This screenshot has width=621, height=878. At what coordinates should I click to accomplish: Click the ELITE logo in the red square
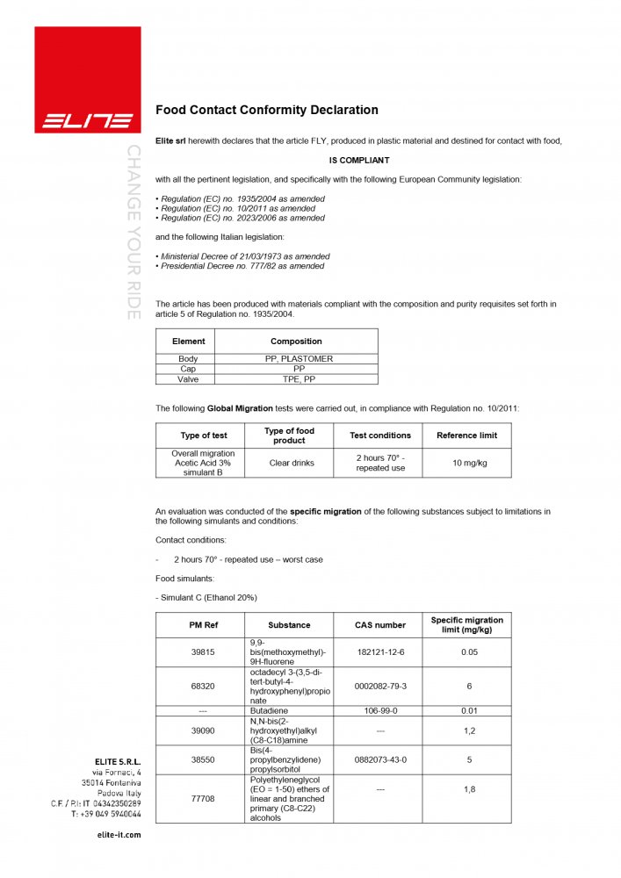tap(88, 120)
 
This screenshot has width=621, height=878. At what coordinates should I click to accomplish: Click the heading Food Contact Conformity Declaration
tap(266, 111)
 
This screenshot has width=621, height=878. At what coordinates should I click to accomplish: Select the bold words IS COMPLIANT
tap(358, 161)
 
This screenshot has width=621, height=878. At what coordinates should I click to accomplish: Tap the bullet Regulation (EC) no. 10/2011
tap(237, 209)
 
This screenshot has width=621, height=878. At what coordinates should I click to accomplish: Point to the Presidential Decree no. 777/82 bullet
tap(242, 266)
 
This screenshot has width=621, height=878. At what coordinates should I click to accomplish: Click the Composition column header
tap(296, 342)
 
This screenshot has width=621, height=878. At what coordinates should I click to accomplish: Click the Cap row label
tap(188, 370)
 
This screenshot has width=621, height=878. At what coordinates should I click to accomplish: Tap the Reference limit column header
tap(466, 435)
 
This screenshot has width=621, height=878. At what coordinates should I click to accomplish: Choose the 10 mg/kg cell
tap(466, 463)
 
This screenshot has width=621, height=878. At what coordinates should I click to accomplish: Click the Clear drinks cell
tap(292, 463)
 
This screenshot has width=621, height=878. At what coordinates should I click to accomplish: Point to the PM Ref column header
tap(203, 625)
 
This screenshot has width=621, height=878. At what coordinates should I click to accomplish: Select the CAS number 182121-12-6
tap(379, 652)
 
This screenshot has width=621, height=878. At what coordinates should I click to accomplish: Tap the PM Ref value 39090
tap(203, 730)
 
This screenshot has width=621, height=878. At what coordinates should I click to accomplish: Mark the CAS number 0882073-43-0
tap(379, 759)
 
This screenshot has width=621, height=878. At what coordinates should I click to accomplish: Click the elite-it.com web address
tap(118, 835)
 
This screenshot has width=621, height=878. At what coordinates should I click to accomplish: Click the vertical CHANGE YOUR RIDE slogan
tap(133, 231)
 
